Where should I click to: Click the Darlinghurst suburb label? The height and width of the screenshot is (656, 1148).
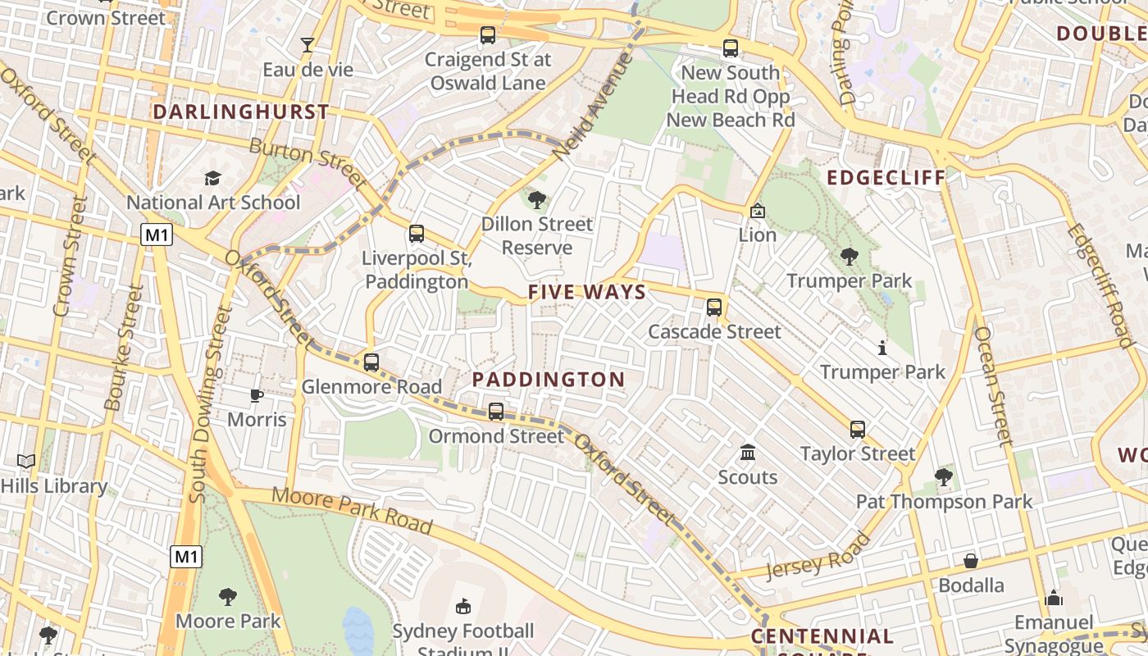[x=241, y=112]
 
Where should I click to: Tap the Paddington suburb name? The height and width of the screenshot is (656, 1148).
[x=549, y=380]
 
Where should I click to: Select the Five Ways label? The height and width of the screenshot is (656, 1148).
[x=587, y=292]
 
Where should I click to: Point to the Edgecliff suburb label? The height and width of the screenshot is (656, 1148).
[x=886, y=178]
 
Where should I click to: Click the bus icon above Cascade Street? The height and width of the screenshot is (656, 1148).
[x=714, y=307]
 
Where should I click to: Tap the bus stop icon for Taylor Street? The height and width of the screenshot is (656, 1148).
[x=857, y=429]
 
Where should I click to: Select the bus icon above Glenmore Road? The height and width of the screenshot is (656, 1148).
[x=371, y=362]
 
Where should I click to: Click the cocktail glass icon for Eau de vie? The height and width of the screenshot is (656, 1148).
[x=307, y=45]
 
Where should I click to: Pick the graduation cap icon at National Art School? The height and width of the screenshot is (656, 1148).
[x=213, y=178]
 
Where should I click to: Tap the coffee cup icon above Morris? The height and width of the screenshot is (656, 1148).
[x=257, y=395]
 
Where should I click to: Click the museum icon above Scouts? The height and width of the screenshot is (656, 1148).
[x=748, y=453]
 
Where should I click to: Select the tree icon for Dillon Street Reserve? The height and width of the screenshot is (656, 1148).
[x=537, y=199]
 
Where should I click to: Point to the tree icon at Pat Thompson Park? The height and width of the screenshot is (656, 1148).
[x=944, y=476]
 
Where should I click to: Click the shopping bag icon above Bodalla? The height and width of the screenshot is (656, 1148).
[x=971, y=561]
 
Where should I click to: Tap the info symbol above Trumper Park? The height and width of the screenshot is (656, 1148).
[x=882, y=348]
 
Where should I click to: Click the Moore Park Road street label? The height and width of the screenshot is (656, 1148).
[x=352, y=508]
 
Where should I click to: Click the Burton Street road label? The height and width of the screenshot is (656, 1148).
[x=306, y=162]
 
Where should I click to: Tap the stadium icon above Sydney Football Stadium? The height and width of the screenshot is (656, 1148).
[x=462, y=606]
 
